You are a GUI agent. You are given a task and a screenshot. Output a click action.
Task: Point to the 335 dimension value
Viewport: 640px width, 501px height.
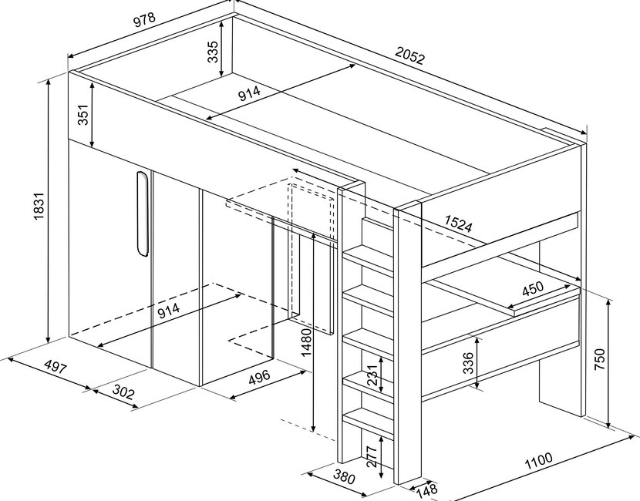click(x=213, y=51)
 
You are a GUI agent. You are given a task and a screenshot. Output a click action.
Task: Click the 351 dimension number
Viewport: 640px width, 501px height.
click(x=84, y=114)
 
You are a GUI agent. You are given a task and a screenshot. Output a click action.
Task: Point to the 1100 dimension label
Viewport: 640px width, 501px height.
click(x=537, y=462)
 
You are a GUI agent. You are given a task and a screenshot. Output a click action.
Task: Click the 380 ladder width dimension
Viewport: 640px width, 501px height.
click(x=344, y=478)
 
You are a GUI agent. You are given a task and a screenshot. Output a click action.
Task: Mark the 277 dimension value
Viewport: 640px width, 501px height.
click(x=372, y=458)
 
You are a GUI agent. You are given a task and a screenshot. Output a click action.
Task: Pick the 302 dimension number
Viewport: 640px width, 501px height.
click(x=123, y=392)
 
